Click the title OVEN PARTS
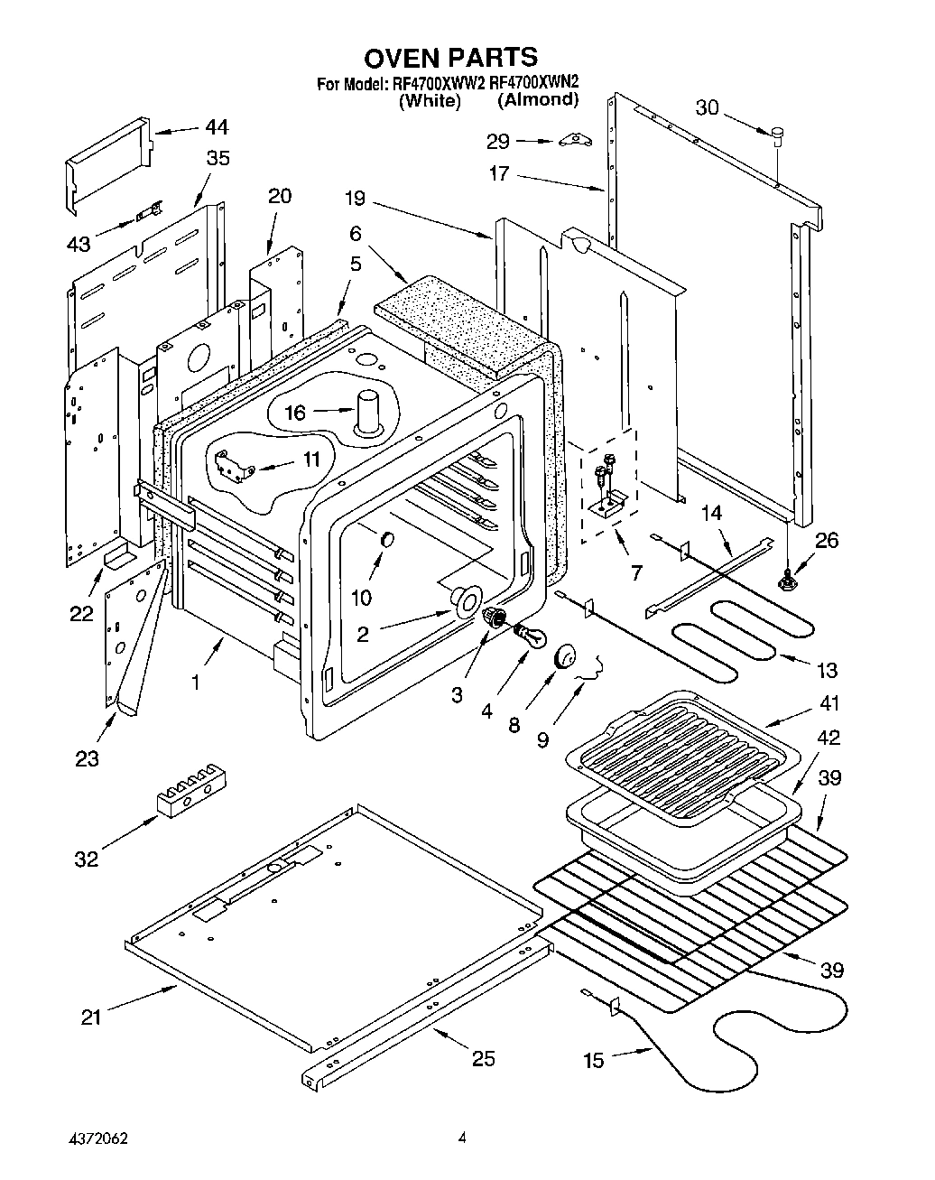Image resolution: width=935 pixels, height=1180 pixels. tap(450, 58)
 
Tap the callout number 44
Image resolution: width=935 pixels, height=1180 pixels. tap(217, 126)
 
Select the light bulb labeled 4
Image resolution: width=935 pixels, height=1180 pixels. tap(532, 637)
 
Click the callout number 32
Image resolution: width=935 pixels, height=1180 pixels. tap(86, 859)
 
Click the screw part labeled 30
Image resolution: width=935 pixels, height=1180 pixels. tap(775, 134)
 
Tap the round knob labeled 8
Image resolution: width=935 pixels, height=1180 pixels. tap(566, 656)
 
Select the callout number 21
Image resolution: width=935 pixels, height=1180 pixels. tap(90, 1017)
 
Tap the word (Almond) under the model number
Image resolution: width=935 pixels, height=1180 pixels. tap(538, 100)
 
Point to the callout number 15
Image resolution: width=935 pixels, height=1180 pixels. tap(593, 1061)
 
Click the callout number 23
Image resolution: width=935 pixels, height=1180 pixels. tap(87, 758)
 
